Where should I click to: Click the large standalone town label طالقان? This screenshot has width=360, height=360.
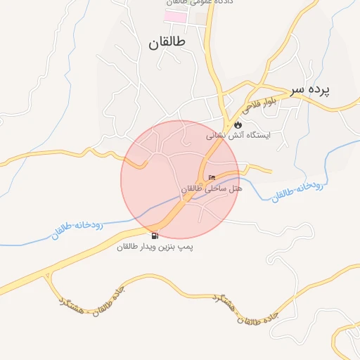point(167,43)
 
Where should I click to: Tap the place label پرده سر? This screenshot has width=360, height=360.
point(311,91)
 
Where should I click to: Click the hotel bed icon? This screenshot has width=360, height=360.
point(212,177)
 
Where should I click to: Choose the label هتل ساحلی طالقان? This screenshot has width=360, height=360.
point(211,189)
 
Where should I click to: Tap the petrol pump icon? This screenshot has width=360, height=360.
point(155,236)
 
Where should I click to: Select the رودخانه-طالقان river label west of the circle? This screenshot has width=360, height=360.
point(77,230)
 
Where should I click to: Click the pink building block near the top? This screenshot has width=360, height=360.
point(176,15)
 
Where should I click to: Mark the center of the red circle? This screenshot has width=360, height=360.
point(180,179)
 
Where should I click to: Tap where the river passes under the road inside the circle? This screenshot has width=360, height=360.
point(184,199)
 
